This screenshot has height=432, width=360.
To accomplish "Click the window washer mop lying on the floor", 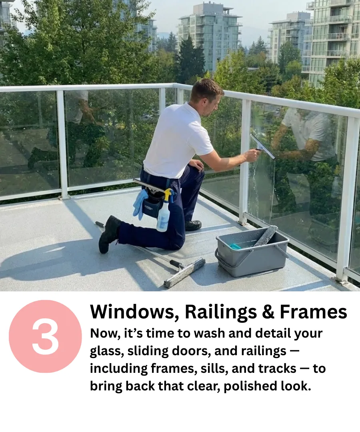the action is (x=185, y=273).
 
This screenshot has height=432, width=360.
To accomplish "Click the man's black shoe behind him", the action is (x=109, y=234).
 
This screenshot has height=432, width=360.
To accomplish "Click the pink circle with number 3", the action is (x=46, y=336).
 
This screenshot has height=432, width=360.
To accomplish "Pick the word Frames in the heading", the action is (x=314, y=312).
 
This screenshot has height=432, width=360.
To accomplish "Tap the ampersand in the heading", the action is (x=268, y=312).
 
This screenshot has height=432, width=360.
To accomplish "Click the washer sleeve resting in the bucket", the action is (x=266, y=236).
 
